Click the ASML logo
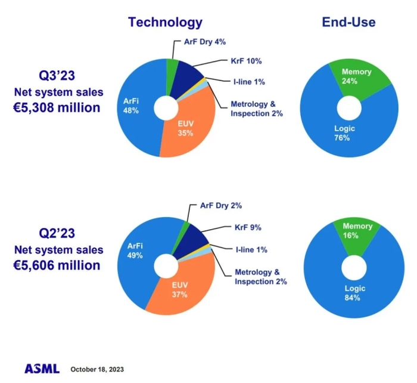pyautogui.click(x=42, y=368)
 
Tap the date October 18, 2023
pyautogui.click(x=97, y=369)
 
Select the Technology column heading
pyautogui.click(x=165, y=23)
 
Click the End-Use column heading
pyautogui.click(x=348, y=23)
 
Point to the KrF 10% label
pyautogui.click(x=245, y=61)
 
